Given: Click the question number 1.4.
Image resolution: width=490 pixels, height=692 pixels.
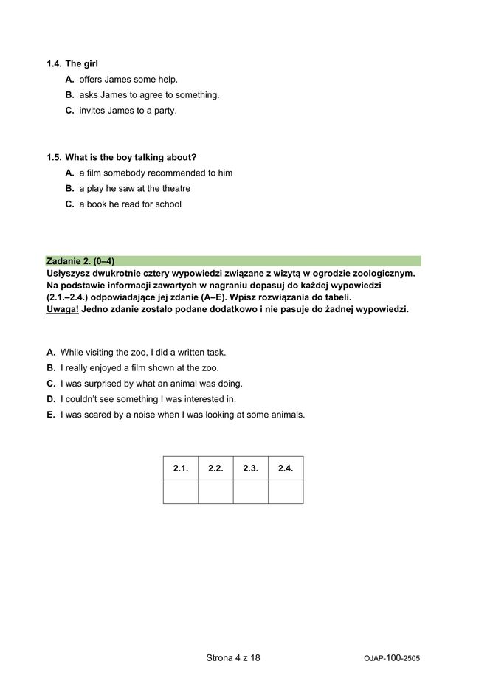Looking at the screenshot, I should (53, 64).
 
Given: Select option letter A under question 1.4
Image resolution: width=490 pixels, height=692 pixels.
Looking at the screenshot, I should (69, 80).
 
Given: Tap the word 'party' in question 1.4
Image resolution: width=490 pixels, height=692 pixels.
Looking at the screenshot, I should (166, 111).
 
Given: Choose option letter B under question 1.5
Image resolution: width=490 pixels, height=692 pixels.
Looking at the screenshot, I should (69, 189).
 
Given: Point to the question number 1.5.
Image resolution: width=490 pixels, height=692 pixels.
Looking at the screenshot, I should (53, 158).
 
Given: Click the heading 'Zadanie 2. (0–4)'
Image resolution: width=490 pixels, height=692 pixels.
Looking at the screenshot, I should (80, 261).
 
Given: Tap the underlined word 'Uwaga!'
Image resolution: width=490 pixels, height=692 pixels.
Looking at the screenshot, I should (62, 308).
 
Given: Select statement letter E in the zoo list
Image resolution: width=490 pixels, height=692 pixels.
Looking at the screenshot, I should (51, 415).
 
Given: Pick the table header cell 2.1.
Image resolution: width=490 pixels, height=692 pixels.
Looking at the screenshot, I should (181, 468).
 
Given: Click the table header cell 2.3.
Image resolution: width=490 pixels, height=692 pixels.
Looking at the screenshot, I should (250, 468).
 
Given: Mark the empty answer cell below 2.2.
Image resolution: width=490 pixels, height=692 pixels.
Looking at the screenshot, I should (215, 491).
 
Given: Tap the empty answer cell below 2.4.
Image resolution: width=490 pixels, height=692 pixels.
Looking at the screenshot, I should (286, 491).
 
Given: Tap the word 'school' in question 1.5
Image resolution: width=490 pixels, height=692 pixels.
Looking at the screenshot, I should (167, 204).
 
